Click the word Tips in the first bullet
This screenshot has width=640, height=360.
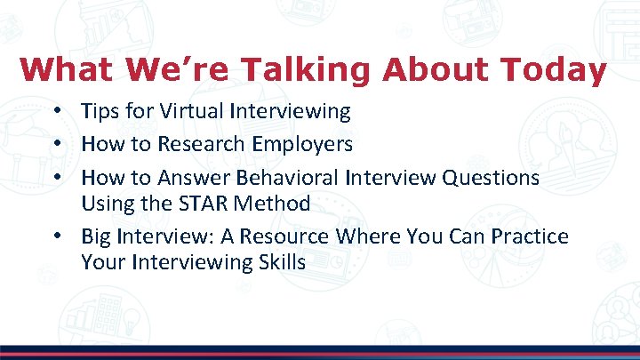point(100,111)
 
